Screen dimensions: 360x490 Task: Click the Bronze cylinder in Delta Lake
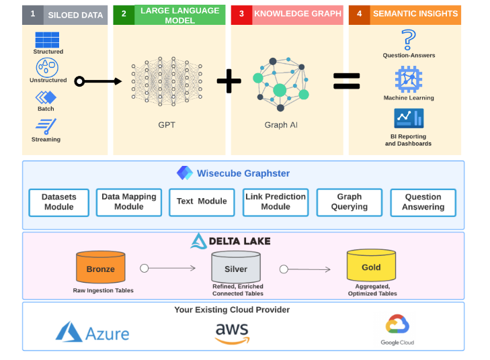(x=100, y=268)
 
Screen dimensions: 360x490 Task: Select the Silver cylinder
(x=235, y=268)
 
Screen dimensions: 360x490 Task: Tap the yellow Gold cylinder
(x=370, y=267)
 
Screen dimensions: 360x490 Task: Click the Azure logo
(x=92, y=332)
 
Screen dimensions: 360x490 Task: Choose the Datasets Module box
(x=58, y=202)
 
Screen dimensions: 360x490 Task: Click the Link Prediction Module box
(x=276, y=202)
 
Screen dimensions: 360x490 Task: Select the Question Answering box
(x=423, y=202)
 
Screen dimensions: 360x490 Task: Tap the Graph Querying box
(x=349, y=202)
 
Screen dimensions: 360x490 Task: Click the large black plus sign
(x=229, y=81)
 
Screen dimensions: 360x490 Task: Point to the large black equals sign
(x=347, y=81)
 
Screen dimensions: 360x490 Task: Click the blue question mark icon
(x=408, y=39)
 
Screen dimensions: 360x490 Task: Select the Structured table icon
(x=48, y=39)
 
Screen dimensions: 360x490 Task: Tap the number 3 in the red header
(x=241, y=13)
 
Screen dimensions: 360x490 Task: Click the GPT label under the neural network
(x=167, y=125)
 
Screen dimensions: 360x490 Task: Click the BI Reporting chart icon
(x=408, y=119)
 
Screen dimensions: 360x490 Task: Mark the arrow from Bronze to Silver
(x=169, y=268)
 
